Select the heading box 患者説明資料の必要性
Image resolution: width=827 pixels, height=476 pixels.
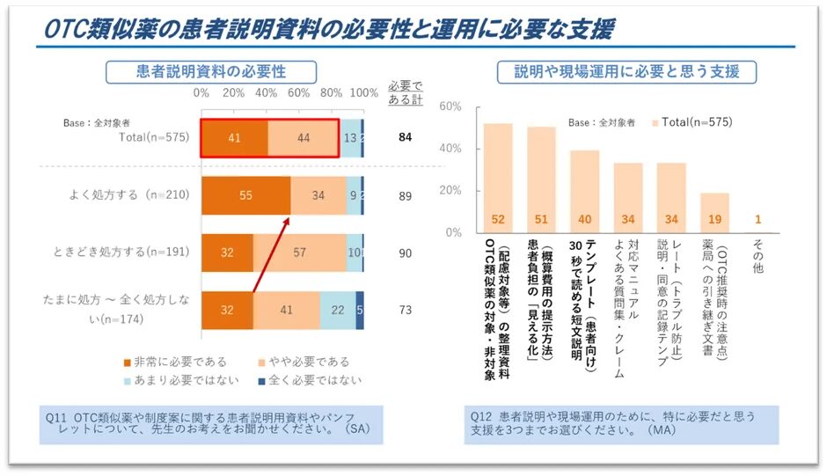pyautogui.click(x=211, y=72)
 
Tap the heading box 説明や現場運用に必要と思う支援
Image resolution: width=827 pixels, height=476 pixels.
pyautogui.click(x=627, y=72)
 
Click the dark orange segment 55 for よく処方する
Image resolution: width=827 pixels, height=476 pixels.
pyautogui.click(x=246, y=196)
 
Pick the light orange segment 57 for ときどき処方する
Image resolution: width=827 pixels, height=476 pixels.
pyautogui.click(x=299, y=253)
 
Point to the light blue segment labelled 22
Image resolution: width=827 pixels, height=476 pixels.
pyautogui.click(x=338, y=310)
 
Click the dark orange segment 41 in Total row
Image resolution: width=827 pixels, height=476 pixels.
pyautogui.click(x=234, y=138)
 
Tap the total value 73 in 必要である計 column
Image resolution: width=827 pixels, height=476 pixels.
pyautogui.click(x=405, y=310)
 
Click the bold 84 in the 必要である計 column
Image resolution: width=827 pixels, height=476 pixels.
pyautogui.click(x=405, y=137)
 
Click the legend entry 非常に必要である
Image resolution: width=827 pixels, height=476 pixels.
pyautogui.click(x=175, y=362)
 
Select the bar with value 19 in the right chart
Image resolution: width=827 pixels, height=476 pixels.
pyautogui.click(x=714, y=213)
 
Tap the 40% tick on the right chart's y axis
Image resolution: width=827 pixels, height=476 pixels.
pyautogui.click(x=450, y=148)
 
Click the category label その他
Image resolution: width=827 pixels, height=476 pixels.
pyautogui.click(x=757, y=255)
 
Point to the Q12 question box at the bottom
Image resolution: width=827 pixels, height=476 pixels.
pyautogui.click(x=621, y=424)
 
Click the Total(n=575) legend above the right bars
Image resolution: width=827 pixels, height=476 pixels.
pyautogui.click(x=691, y=122)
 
